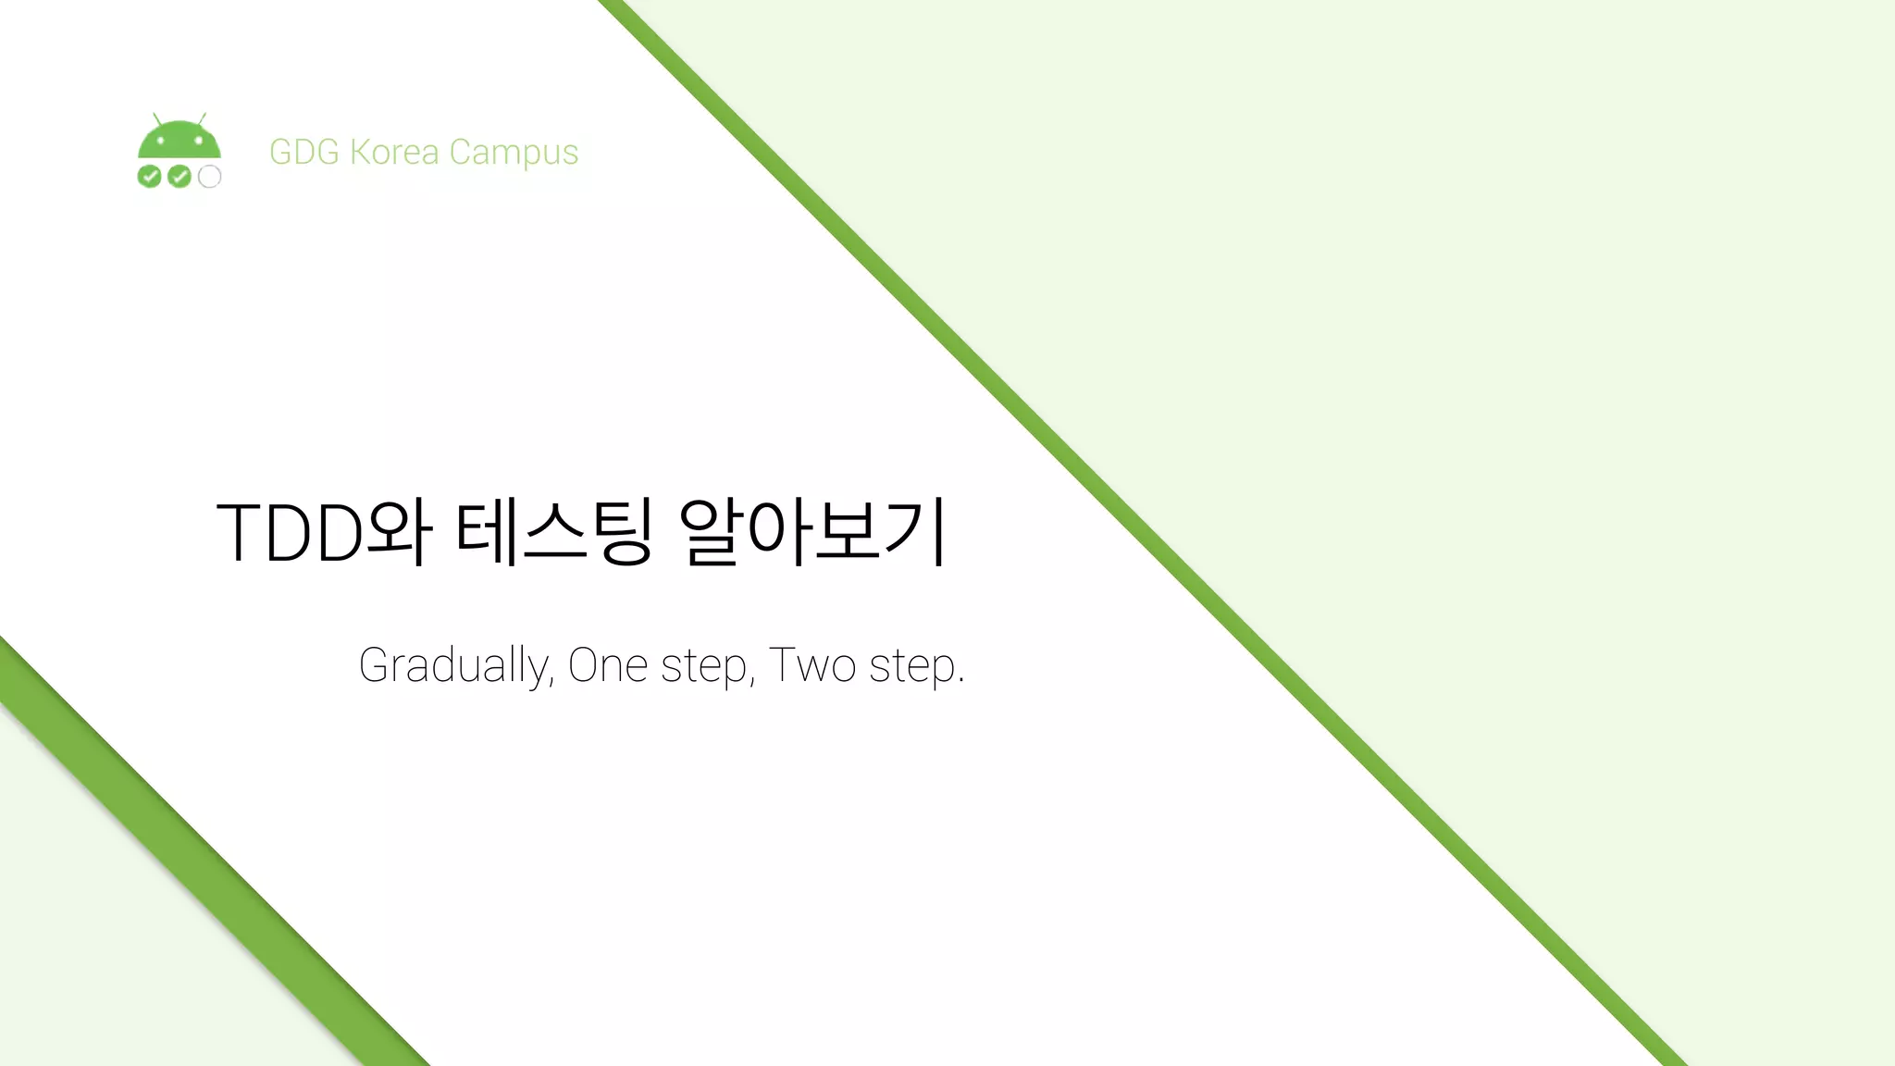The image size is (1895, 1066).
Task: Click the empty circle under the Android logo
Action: (210, 176)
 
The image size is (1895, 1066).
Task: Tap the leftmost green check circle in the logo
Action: (149, 176)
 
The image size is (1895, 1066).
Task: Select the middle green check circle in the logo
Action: (180, 176)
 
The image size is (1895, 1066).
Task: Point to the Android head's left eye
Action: (160, 142)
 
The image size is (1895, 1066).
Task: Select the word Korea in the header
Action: (394, 152)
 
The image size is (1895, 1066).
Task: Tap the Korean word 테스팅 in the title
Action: (554, 532)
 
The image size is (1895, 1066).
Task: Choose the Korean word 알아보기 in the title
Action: (813, 532)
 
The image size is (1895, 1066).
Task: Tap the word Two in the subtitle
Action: (812, 665)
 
